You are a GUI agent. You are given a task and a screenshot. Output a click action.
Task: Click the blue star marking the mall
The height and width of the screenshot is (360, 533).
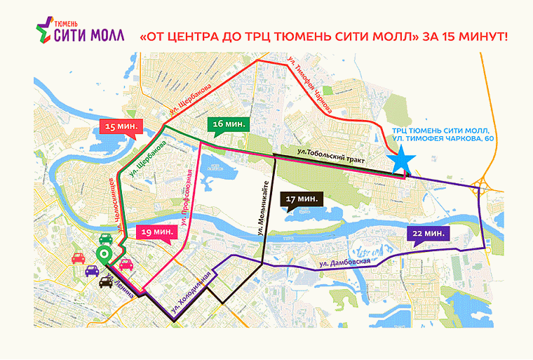402,161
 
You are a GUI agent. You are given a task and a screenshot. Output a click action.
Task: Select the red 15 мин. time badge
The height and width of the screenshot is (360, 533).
120,127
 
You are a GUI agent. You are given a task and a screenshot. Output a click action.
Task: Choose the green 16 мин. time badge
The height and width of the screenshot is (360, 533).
227,124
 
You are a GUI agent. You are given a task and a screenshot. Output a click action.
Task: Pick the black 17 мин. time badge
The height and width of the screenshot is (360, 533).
301,199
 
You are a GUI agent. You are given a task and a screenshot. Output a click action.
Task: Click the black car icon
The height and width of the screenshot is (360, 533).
107,281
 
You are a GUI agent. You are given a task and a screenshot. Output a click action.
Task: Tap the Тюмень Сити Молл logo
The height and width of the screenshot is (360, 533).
79,32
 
